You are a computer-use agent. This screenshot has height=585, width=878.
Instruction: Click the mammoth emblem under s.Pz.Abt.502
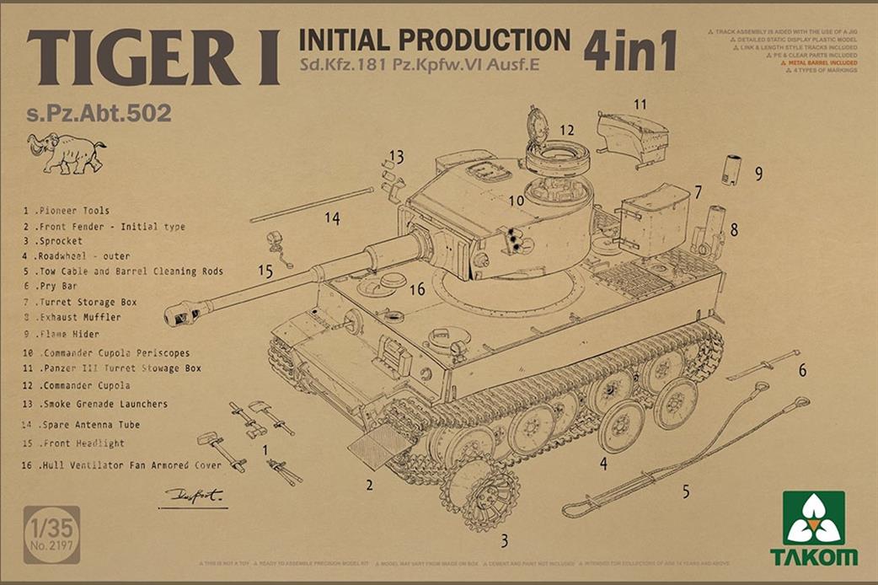point(66,153)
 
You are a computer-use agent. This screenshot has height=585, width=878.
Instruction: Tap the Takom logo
point(813,528)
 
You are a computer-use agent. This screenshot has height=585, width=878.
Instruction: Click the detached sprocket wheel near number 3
point(479,493)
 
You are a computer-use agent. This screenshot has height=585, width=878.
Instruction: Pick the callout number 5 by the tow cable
point(685,491)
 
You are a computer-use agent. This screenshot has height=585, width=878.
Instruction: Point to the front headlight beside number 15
point(275,244)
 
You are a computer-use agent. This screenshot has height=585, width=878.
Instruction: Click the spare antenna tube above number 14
point(312,205)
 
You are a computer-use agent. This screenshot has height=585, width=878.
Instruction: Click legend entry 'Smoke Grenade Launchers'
point(101,404)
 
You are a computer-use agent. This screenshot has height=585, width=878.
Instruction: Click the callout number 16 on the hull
point(416,290)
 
